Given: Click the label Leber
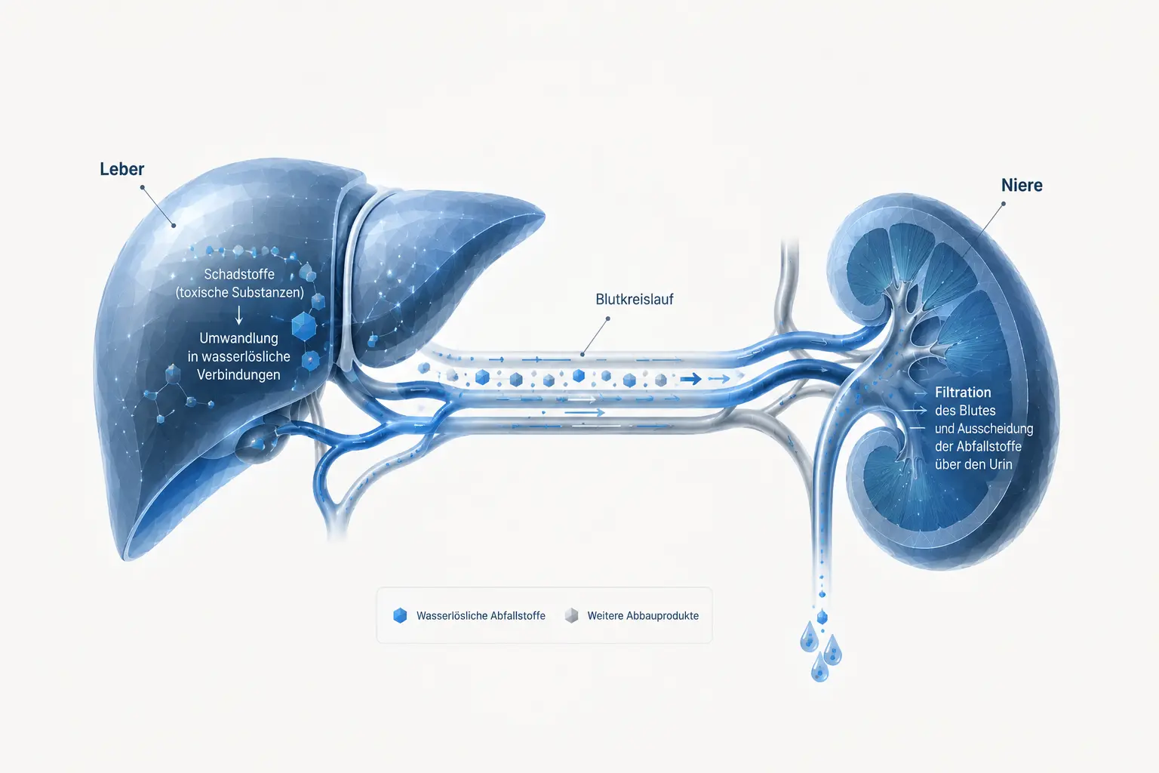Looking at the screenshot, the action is (x=121, y=169).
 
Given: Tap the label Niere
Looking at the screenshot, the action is (x=1022, y=186).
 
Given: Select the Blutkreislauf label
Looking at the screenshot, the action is (x=635, y=299).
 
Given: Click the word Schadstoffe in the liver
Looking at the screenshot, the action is (x=239, y=274).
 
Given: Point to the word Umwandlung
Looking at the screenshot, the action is (x=239, y=338).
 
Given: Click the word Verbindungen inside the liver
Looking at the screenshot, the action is (x=238, y=375).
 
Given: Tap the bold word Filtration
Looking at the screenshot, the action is (x=963, y=393).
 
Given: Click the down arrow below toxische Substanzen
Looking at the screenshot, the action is (x=239, y=315).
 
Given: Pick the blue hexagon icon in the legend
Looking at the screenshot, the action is (x=400, y=615).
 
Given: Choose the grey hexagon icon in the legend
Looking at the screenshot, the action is (x=571, y=615).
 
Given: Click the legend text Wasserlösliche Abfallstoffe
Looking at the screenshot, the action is (x=481, y=615).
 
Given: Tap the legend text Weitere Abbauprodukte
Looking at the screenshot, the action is (x=643, y=615).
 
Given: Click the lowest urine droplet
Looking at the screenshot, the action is (x=819, y=668).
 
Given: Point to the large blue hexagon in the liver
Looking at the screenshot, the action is (x=304, y=326).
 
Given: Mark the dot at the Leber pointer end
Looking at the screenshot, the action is (x=174, y=225).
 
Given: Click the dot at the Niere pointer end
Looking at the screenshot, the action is (x=1004, y=204).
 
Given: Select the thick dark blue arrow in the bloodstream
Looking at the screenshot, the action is (x=690, y=380).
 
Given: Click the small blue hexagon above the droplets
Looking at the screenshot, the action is (x=822, y=617).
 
